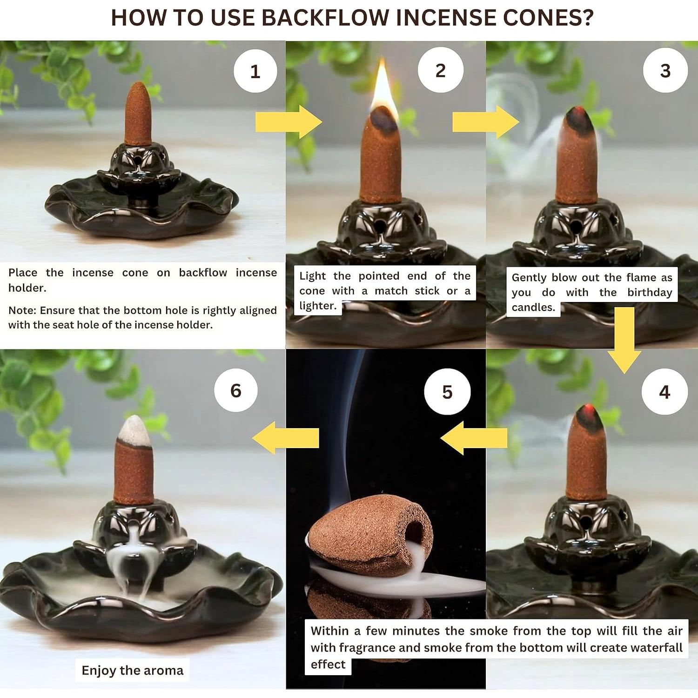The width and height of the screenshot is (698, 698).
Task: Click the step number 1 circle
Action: (x=255, y=71)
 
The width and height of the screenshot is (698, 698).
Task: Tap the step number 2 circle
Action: (x=440, y=70)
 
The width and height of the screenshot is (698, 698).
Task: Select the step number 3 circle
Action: (x=665, y=70)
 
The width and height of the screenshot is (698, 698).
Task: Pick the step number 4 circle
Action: (x=664, y=392)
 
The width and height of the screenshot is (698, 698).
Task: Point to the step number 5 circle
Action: (x=447, y=392)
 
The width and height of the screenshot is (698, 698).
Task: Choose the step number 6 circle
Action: (x=236, y=390)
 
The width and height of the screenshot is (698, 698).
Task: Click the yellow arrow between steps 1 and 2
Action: (x=289, y=122)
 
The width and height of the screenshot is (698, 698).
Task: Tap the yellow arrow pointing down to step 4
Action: (x=624, y=340)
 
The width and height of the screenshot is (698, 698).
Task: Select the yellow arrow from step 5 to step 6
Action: (x=285, y=438)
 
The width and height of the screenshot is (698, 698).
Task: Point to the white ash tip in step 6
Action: (x=135, y=429)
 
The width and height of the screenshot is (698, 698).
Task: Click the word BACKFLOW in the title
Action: (x=325, y=18)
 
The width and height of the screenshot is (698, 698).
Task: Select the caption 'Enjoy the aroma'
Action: (x=133, y=671)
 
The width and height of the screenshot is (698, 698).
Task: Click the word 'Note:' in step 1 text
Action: (x=22, y=310)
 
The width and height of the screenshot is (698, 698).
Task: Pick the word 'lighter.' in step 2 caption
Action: (x=318, y=306)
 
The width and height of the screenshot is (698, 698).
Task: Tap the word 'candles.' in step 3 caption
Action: (x=533, y=307)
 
